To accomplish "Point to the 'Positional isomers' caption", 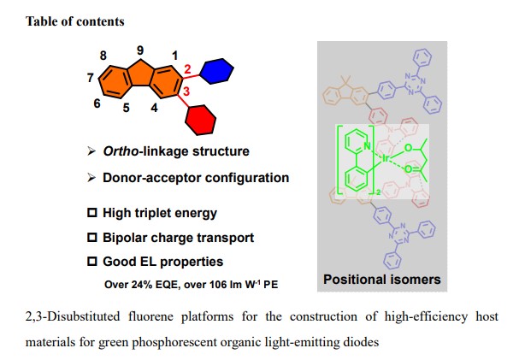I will pos(382,280).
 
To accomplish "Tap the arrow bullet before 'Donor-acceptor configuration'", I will pos(91,178).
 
